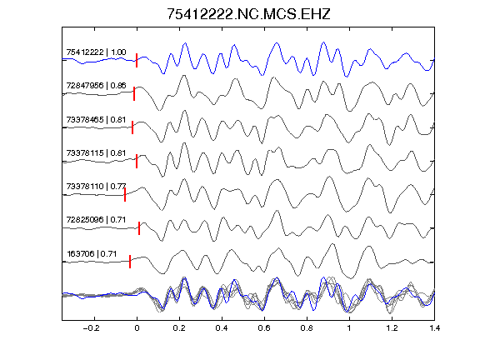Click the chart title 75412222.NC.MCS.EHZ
click(x=248, y=14)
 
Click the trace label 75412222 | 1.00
click(x=96, y=52)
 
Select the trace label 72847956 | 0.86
click(x=96, y=85)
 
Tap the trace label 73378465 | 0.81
click(x=96, y=119)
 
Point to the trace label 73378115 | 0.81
click(x=96, y=152)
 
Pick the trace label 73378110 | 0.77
click(x=96, y=186)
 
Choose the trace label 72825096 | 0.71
click(x=96, y=219)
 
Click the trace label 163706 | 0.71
click(x=92, y=254)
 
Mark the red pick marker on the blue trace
click(x=137, y=60)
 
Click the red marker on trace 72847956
click(x=134, y=93)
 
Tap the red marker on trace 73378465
click(x=132, y=127)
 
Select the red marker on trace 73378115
click(x=137, y=161)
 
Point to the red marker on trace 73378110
click(x=125, y=195)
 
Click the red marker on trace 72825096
click(x=139, y=228)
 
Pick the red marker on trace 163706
click(x=130, y=262)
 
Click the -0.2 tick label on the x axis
click(x=91, y=328)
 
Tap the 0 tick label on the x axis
click(x=137, y=328)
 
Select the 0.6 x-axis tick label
click(x=264, y=328)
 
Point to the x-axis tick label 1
click(x=349, y=328)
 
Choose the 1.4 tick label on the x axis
click(x=434, y=328)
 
